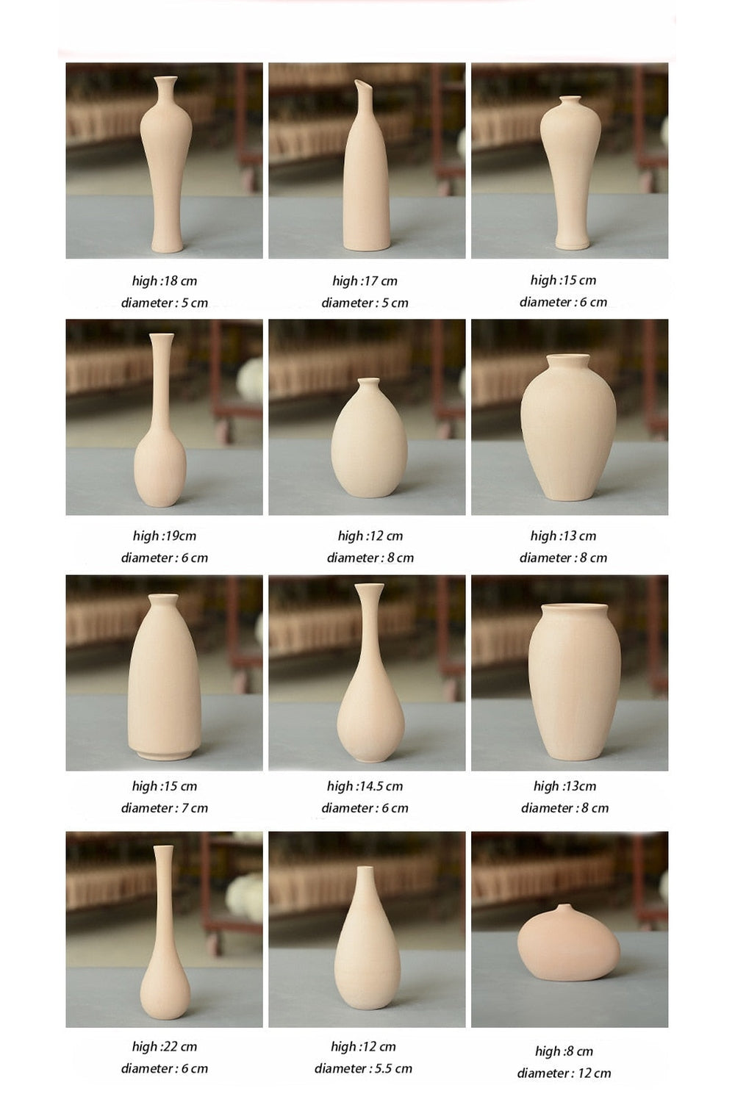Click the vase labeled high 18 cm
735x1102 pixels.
pyautogui.click(x=166, y=165)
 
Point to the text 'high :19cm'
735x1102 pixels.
pyautogui.click(x=165, y=536)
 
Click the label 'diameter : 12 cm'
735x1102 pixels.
pyautogui.click(x=564, y=1073)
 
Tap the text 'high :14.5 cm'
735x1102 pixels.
pyautogui.click(x=365, y=785)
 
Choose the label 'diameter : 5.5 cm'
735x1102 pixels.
pyautogui.click(x=363, y=1068)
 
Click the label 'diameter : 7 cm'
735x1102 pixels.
pyautogui.click(x=165, y=807)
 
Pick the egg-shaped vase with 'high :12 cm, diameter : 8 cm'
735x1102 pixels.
pyautogui.click(x=369, y=438)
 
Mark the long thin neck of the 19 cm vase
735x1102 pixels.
pyautogui.click(x=162, y=383)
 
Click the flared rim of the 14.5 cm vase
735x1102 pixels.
pyautogui.click(x=369, y=587)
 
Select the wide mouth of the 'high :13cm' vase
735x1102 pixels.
pyautogui.click(x=574, y=607)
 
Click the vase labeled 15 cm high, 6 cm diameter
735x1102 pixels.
pyautogui.click(x=570, y=172)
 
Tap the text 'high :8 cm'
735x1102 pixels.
pyautogui.click(x=564, y=1051)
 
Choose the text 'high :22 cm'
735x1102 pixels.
pyautogui.click(x=165, y=1046)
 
